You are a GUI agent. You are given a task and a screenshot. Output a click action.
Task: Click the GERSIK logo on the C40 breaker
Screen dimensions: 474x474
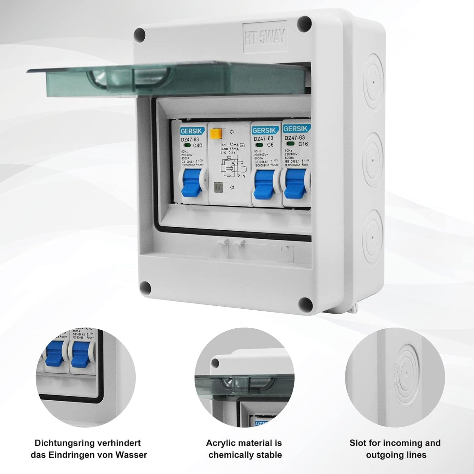click(192, 131)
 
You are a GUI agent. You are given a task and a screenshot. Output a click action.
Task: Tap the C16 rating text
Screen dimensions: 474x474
click(302, 144)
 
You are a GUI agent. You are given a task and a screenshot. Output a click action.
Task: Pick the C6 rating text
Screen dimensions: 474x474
click(270, 145)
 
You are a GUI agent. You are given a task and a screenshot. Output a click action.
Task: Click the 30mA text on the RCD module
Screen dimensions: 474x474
click(234, 145)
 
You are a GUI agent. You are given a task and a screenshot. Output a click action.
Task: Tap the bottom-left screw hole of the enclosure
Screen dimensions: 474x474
click(145, 288)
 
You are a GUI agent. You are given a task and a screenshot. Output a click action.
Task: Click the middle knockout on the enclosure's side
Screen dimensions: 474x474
click(373, 161)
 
